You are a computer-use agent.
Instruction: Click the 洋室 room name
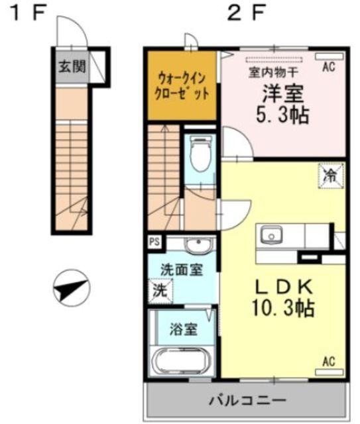282,93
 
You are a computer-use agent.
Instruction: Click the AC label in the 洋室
328,67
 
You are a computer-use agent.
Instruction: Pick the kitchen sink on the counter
271,235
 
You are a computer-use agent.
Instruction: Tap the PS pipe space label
154,242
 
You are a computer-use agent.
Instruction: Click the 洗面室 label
182,270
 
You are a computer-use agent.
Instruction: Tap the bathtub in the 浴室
181,362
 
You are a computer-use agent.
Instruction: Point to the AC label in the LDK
328,361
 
